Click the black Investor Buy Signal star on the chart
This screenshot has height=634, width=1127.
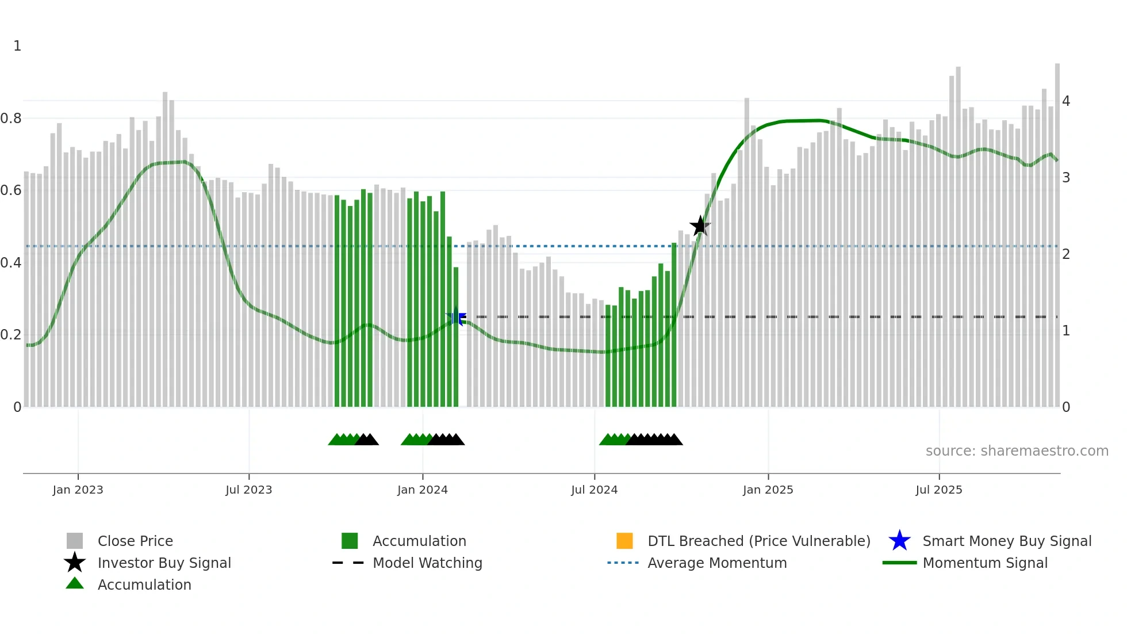tap(700, 226)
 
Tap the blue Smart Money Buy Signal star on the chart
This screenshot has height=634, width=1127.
tap(456, 316)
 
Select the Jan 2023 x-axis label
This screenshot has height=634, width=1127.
tap(78, 490)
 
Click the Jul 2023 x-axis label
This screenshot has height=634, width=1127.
tap(248, 490)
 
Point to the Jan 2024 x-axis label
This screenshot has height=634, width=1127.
tap(422, 490)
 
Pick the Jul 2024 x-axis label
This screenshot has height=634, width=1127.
tap(594, 490)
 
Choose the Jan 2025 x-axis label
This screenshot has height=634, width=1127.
tap(768, 490)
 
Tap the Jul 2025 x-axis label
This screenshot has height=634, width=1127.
tap(938, 490)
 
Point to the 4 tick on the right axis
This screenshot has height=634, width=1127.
tap(1066, 101)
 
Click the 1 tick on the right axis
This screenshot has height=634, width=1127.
tap(1066, 331)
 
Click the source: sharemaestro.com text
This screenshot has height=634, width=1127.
tap(1017, 451)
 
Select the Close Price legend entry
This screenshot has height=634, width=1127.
tap(135, 541)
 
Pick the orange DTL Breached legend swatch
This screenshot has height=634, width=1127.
tap(624, 541)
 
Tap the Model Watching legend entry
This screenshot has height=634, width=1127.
tap(427, 563)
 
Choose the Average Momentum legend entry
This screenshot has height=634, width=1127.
tap(717, 563)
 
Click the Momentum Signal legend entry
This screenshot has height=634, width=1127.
tap(985, 563)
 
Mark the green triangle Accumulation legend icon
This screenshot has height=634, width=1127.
tap(75, 583)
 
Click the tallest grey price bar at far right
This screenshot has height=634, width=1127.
tap(1057, 230)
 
